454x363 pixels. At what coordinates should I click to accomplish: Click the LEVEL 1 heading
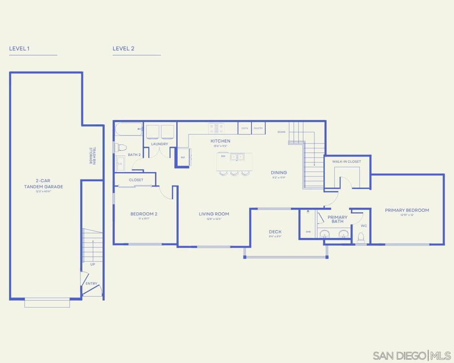pyautogui.click(x=19, y=48)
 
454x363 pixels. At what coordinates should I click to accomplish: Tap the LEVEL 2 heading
pyautogui.click(x=123, y=48)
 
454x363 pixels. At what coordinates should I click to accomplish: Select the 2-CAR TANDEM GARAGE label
pyautogui.click(x=43, y=184)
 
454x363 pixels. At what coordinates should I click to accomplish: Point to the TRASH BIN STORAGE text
pyautogui.click(x=92, y=156)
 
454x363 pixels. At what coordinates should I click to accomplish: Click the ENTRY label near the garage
pyautogui.click(x=91, y=284)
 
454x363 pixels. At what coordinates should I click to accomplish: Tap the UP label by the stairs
pyautogui.click(x=93, y=265)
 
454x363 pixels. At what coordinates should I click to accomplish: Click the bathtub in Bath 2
pyautogui.click(x=129, y=129)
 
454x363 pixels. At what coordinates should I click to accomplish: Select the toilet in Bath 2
pyautogui.click(x=121, y=147)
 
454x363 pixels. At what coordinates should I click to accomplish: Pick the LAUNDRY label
pyautogui.click(x=160, y=144)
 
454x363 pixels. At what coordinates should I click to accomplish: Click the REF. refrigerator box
pyautogui.click(x=183, y=157)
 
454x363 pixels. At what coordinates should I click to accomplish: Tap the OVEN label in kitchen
pyautogui.click(x=245, y=128)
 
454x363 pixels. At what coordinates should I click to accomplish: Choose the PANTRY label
pyautogui.click(x=258, y=128)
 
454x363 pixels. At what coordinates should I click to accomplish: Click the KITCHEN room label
pyautogui.click(x=220, y=141)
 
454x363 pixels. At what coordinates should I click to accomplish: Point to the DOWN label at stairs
pyautogui.click(x=282, y=132)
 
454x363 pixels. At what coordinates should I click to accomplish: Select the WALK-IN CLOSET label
pyautogui.click(x=347, y=162)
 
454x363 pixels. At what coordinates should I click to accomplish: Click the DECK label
pyautogui.click(x=275, y=232)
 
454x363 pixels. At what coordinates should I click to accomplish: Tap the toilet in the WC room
pyautogui.click(x=361, y=238)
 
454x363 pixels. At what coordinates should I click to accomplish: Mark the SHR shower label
pyautogui.click(x=308, y=231)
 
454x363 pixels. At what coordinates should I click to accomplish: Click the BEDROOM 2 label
pyautogui.click(x=144, y=214)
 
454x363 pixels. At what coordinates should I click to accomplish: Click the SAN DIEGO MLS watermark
pyautogui.click(x=412, y=355)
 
